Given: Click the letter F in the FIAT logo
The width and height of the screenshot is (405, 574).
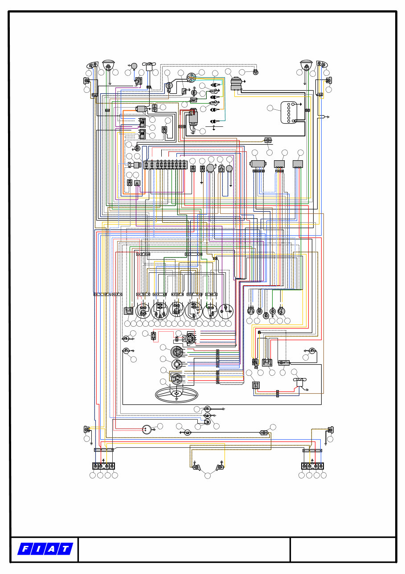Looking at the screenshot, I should click(25, 549).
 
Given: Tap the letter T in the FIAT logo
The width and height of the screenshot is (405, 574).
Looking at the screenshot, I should click(65, 549).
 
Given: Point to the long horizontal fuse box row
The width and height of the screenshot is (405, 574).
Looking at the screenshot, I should click(166, 165).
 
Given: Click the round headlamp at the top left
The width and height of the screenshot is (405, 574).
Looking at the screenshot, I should click(108, 65).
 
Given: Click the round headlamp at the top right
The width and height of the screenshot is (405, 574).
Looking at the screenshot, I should click(306, 65).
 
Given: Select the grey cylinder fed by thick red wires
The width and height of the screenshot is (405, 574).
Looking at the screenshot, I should click(193, 117).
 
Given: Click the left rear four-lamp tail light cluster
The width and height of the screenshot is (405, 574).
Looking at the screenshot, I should click(103, 466).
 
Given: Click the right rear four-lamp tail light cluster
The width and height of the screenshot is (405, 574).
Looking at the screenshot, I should click(312, 466).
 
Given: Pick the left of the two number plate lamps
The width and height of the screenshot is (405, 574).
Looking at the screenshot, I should click(196, 467).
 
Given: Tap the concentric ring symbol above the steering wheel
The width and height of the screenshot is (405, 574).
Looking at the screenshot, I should click(177, 364).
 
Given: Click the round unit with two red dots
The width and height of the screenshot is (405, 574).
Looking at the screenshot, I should click(147, 429).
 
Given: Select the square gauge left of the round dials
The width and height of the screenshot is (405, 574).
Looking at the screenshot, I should click(128, 311).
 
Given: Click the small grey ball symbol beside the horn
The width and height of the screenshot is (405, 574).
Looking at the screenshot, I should click(134, 66).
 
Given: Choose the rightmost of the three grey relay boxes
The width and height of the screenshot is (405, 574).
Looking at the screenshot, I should click(298, 164).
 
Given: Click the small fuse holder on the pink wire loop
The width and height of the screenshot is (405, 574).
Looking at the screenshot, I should click(154, 336).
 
